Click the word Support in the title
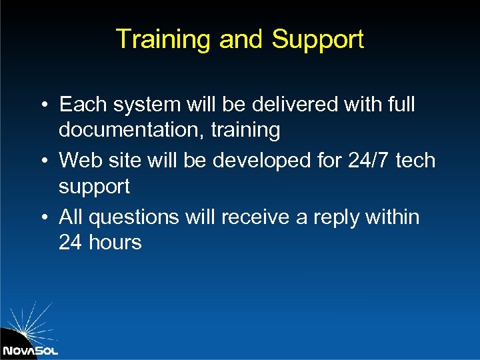point(317,40)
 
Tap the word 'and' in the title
point(242,39)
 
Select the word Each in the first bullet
point(83,105)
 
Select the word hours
point(115,243)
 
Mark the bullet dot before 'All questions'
point(42,217)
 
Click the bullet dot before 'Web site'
point(42,161)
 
